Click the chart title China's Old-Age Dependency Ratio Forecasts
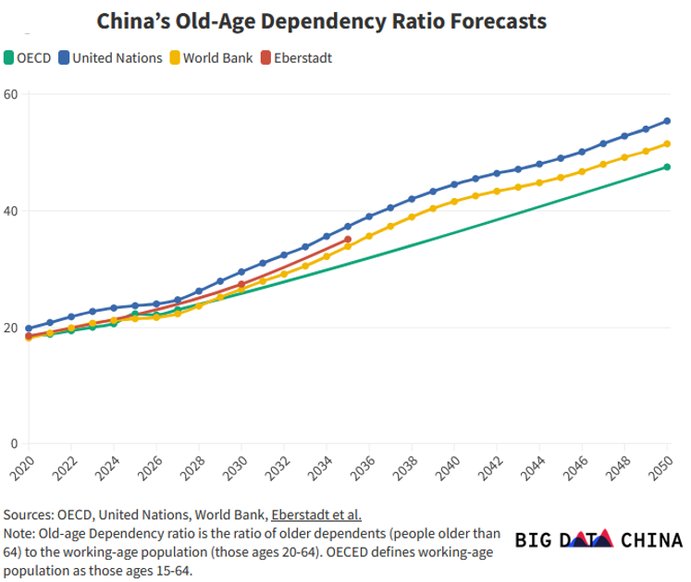(x=321, y=20)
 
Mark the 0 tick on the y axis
(x=15, y=444)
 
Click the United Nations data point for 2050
(x=667, y=121)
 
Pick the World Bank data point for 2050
(x=667, y=143)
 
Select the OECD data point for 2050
(x=667, y=167)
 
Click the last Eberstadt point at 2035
(x=348, y=240)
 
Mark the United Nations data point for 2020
(x=29, y=328)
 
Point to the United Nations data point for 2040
(x=454, y=184)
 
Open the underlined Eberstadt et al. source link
(x=315, y=515)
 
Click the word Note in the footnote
(x=19, y=534)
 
